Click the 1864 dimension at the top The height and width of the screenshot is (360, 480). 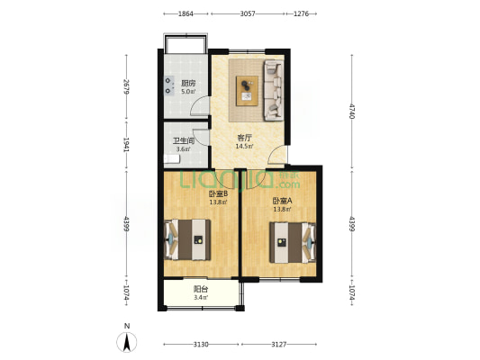[x=186, y=13]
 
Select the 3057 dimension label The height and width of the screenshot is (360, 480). [x=248, y=13]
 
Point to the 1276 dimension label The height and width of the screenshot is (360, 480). [x=301, y=13]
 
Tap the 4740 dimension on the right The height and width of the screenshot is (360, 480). [x=352, y=112]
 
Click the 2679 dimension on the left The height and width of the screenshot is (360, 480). [x=126, y=86]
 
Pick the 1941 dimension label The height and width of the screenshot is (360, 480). [x=126, y=144]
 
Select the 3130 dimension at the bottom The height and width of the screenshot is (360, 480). [x=201, y=345]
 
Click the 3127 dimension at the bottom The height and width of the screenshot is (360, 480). [x=279, y=345]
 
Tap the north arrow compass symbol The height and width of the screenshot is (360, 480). [x=127, y=341]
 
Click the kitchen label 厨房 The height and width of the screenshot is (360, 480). [x=188, y=83]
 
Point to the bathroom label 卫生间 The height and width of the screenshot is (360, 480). [x=184, y=141]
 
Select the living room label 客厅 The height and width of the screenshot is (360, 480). [x=244, y=138]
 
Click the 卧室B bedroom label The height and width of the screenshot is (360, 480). [x=218, y=193]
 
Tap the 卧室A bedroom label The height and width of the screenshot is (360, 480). [x=282, y=201]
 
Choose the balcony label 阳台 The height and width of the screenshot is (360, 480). [x=201, y=289]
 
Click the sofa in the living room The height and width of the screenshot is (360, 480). [x=274, y=90]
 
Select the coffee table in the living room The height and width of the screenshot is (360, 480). [x=247, y=91]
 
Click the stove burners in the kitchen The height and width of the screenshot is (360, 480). [x=168, y=85]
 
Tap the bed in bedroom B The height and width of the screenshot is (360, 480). [x=187, y=239]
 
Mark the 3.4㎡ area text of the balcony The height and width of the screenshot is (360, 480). [x=201, y=297]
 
